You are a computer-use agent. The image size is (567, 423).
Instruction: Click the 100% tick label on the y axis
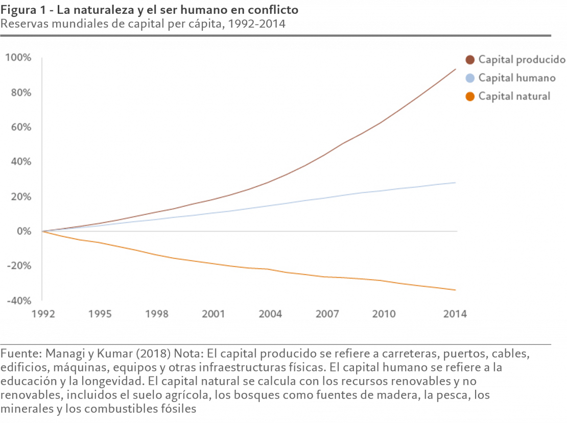pos(18,58)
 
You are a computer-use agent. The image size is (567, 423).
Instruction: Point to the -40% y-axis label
pos(18,301)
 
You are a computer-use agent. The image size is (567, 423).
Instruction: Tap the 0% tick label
pos(23,231)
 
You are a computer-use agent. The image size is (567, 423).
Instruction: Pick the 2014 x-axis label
pos(455,314)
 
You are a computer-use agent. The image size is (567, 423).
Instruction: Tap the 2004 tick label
pos(270,314)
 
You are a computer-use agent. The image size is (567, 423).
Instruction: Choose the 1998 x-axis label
pos(156,314)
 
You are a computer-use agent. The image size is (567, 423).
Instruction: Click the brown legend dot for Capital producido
pos(470,60)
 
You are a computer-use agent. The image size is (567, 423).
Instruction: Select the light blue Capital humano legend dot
pos(470,78)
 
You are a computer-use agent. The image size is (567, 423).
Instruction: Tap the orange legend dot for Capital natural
pos(470,96)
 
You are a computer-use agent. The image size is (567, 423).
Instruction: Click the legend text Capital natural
pos(514,96)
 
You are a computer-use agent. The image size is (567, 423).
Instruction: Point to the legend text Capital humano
pos(516,78)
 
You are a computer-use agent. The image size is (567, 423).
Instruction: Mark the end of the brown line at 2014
pos(456,69)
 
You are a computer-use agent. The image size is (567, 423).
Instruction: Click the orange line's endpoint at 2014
pos(456,290)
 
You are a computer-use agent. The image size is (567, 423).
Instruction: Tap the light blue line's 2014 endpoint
pos(456,182)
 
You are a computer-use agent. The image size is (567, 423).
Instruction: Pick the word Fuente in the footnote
pos(21,354)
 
